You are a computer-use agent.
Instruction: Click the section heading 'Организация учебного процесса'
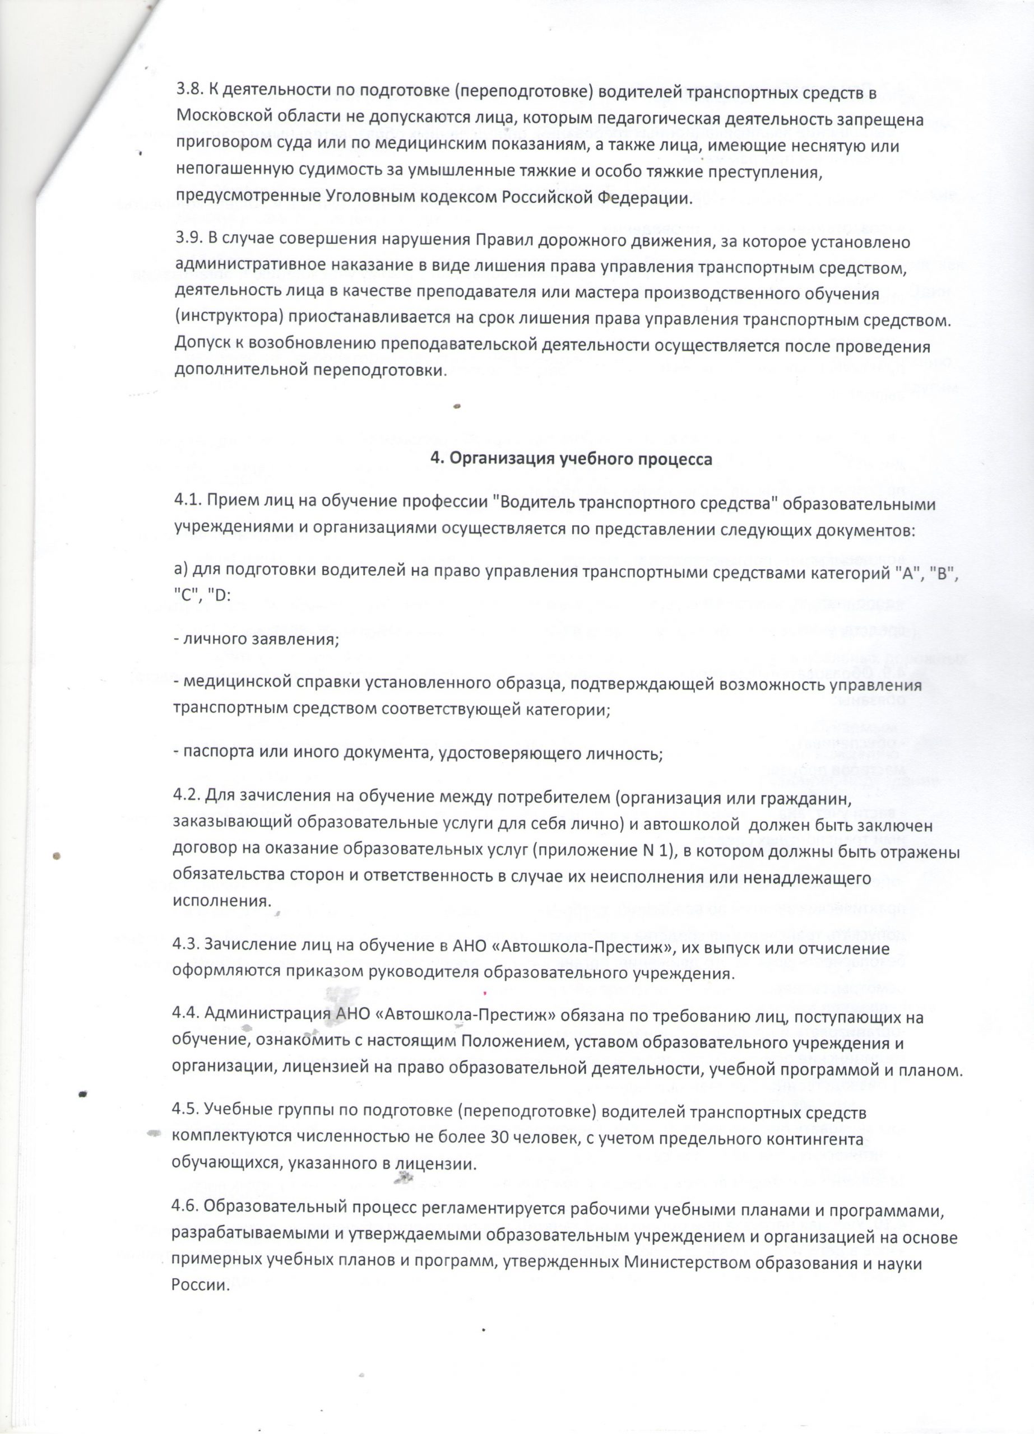pos(571,460)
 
